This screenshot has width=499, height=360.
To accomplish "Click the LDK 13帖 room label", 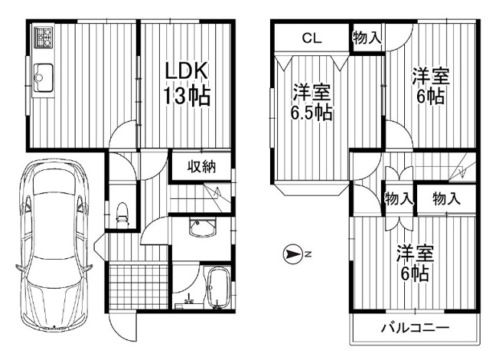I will [185, 83].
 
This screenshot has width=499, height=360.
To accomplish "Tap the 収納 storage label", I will [201, 168].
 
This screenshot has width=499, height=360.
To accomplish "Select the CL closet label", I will [309, 38].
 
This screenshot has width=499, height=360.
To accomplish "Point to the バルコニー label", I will [416, 329].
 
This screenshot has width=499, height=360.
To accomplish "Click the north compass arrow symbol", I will [293, 254].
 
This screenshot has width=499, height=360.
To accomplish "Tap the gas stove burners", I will [42, 34].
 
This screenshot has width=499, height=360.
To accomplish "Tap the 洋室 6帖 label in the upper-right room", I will [430, 86].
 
